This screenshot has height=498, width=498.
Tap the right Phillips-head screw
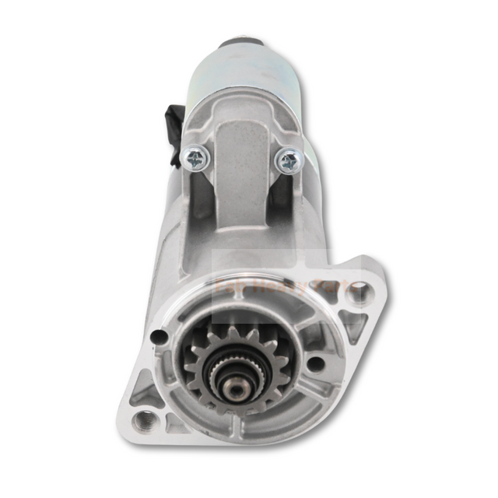click(x=289, y=161)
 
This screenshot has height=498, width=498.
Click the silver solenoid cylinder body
click(x=241, y=78)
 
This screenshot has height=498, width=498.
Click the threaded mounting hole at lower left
click(x=142, y=421)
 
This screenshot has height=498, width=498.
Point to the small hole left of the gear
click(x=159, y=337)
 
